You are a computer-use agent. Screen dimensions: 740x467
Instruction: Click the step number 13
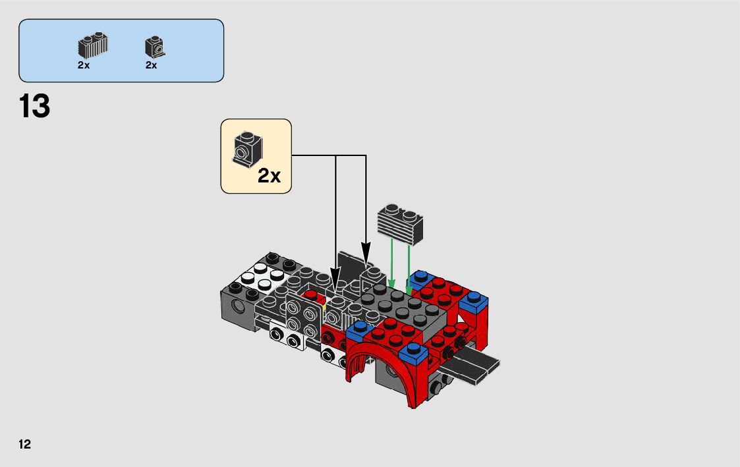(x=34, y=106)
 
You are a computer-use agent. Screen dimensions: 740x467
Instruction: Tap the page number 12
(x=24, y=444)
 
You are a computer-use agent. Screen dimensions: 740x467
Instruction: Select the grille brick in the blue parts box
(x=92, y=45)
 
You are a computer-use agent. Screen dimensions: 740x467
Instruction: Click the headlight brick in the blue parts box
(x=155, y=47)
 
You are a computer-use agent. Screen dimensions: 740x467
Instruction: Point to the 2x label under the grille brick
(x=84, y=65)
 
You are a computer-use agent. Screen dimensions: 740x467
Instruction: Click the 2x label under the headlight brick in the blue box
(x=151, y=65)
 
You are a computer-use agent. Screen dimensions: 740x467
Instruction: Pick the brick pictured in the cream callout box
(x=247, y=148)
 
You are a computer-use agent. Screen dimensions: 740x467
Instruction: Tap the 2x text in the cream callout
(x=269, y=176)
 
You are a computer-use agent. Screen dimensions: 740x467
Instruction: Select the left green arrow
(x=391, y=263)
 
